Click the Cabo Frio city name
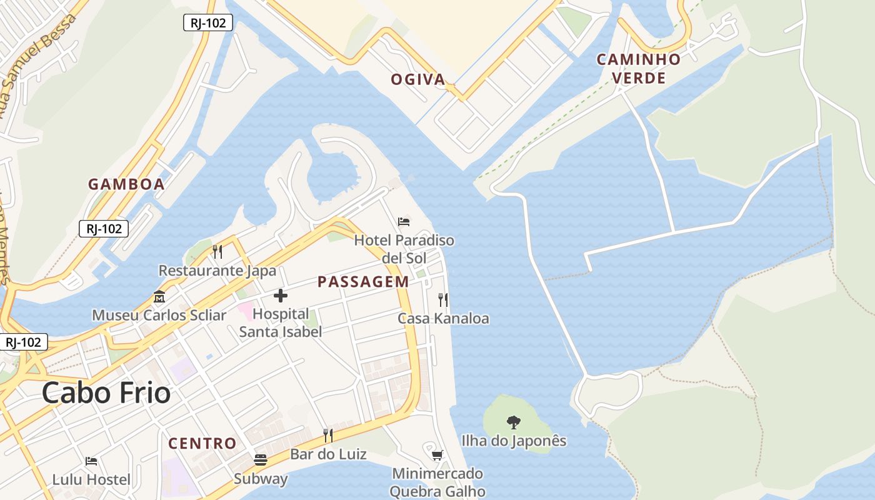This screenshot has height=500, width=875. pos(106,393)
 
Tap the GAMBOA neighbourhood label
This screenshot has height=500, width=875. pos(126,184)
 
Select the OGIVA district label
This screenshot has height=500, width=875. pos(418,79)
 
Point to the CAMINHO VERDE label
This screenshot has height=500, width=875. pos(638,69)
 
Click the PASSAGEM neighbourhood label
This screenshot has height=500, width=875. pos(363,282)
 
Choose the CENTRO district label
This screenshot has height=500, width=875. pos(202,444)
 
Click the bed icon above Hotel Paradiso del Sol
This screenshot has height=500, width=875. pos(404,222)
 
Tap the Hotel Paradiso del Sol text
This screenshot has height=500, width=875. pos(404,249)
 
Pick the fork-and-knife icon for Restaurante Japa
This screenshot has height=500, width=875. pos(217,252)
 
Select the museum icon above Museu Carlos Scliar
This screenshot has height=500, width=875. pos(159,297)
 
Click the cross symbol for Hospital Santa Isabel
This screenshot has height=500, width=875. pos(281,296)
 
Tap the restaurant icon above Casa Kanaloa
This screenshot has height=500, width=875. pos(443,300)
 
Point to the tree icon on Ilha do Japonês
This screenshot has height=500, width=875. pos(514,422)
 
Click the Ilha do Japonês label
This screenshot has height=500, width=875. pos(514,441)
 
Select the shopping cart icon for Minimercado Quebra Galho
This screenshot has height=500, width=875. pos(437,455)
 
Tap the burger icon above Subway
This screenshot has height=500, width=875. pos(261,461)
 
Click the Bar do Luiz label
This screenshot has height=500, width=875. pos(328,454)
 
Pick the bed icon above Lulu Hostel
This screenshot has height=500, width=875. pos(91,462)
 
